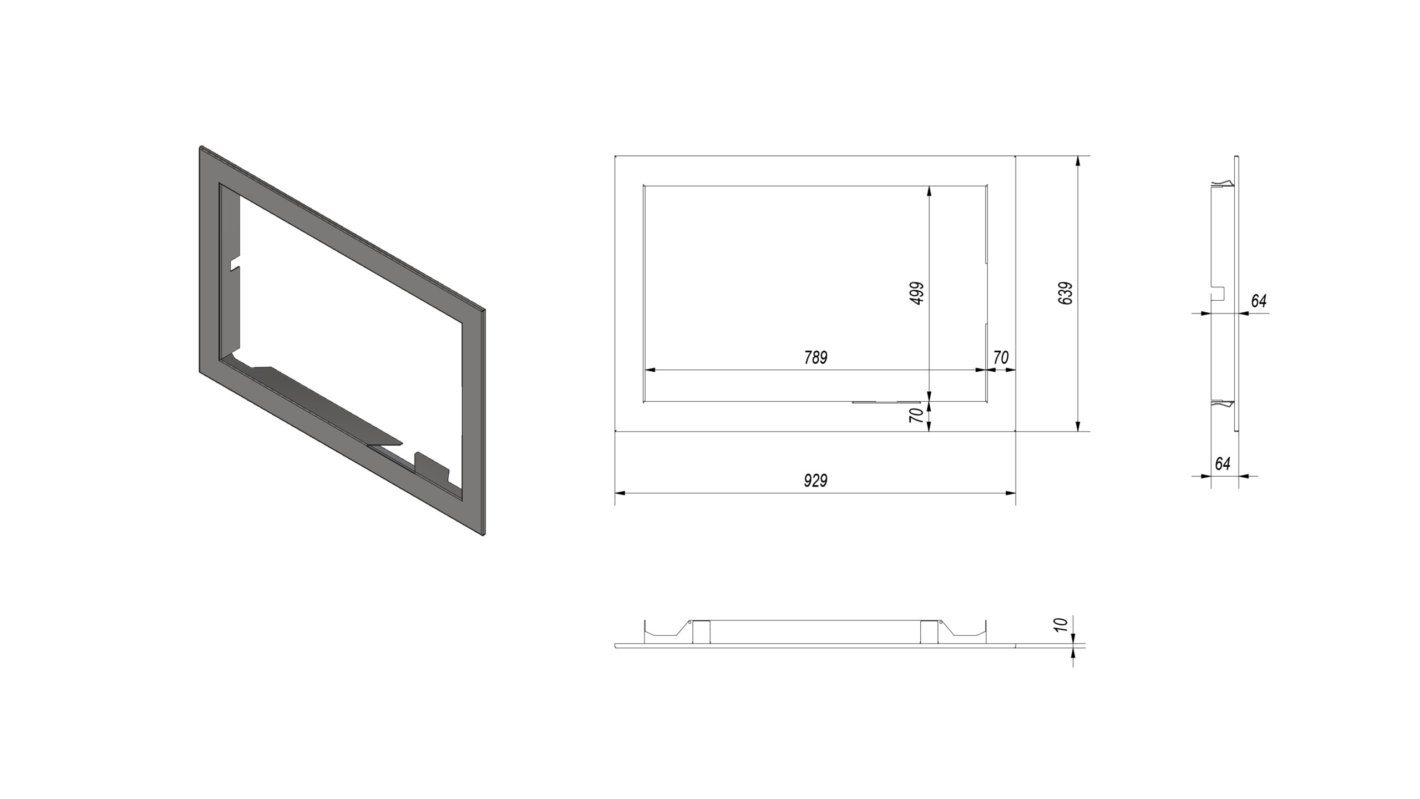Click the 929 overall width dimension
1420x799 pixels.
pos(815,481)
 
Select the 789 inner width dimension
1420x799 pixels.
pos(815,358)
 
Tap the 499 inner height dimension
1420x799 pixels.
pos(917,293)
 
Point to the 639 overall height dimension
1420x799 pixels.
pos(1066,293)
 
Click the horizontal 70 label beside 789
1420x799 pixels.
pos(1001,358)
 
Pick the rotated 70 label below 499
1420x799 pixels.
pos(917,416)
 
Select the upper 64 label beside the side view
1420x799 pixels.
pos(1259,301)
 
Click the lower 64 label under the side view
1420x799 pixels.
pos(1223,464)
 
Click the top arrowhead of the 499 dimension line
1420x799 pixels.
pos(929,191)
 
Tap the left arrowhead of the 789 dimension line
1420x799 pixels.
pos(650,370)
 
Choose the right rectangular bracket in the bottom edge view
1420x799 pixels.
pos(929,632)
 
